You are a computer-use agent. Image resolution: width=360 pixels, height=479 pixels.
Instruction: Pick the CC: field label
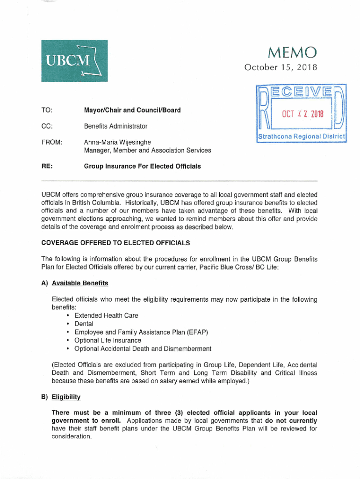pyautogui.click(x=47, y=126)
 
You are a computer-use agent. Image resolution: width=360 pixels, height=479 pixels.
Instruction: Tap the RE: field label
pyautogui.click(x=46, y=166)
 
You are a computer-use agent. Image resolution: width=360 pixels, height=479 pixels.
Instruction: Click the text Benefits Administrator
pyautogui.click(x=115, y=126)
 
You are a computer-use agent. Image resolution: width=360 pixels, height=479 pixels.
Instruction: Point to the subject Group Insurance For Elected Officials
pyautogui.click(x=142, y=166)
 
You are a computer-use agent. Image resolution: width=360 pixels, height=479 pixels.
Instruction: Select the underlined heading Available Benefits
pyautogui.click(x=80, y=283)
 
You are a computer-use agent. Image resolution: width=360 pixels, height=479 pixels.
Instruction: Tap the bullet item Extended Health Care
pyautogui.click(x=106, y=315)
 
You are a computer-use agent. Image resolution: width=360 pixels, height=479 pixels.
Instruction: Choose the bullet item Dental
pyautogui.click(x=84, y=324)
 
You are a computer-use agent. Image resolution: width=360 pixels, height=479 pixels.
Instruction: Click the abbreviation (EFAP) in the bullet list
pyautogui.click(x=197, y=332)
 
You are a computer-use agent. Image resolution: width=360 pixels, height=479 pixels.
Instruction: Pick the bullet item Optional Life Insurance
pyautogui.click(x=108, y=341)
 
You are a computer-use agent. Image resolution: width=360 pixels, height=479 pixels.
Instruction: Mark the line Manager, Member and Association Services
pyautogui.click(x=147, y=150)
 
